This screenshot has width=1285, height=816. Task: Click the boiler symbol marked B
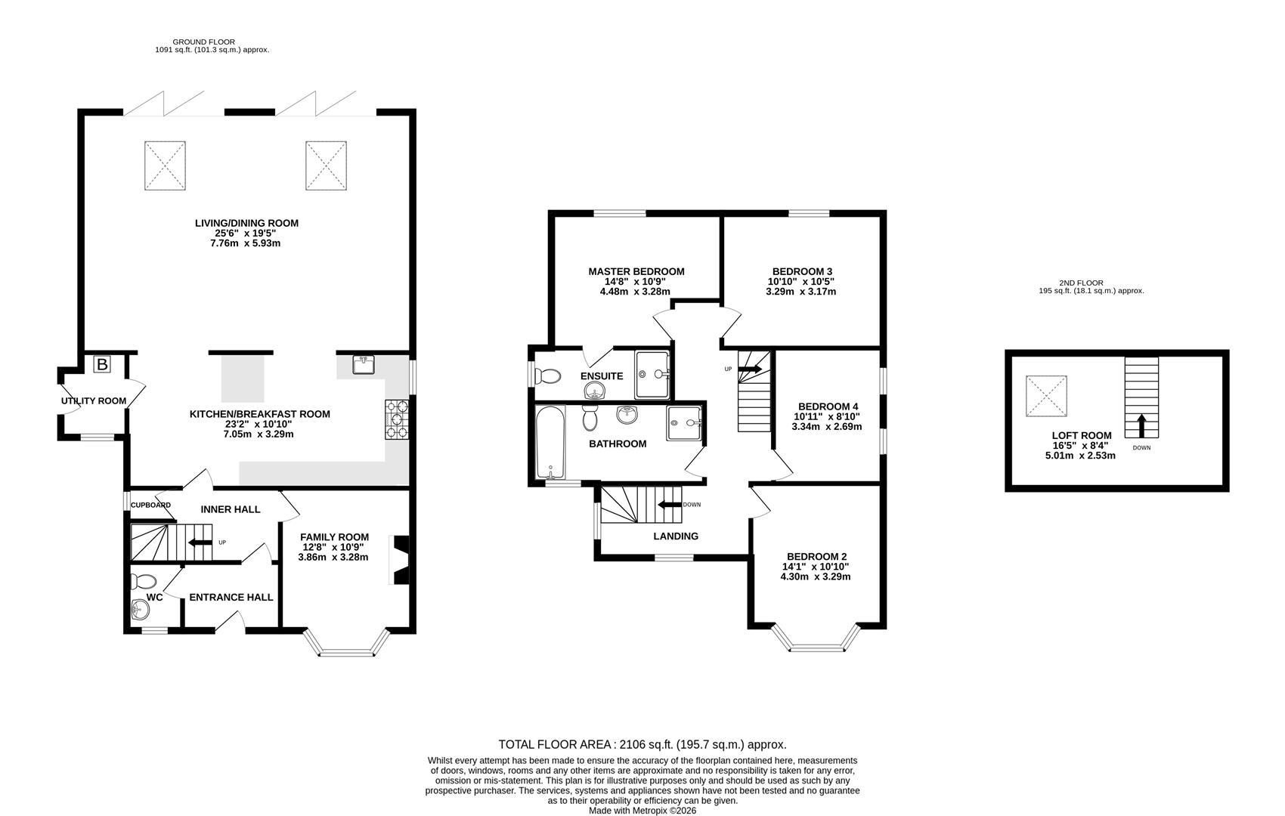(102, 365)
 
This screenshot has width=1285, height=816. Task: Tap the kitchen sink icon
(364, 365)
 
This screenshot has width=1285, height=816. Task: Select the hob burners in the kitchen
(397, 419)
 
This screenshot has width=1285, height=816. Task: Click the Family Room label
(334, 537)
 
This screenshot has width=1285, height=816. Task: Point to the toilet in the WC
(143, 581)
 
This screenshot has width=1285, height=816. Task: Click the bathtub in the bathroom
(550, 442)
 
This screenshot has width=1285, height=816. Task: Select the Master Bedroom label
(636, 271)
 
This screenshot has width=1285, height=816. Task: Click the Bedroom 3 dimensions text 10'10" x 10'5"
(801, 281)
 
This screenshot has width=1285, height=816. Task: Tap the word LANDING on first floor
(676, 536)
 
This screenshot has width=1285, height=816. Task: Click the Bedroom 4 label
(828, 406)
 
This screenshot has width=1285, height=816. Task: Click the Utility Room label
(94, 400)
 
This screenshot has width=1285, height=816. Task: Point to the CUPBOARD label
(150, 505)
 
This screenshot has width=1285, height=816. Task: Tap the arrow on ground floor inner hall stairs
(200, 542)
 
